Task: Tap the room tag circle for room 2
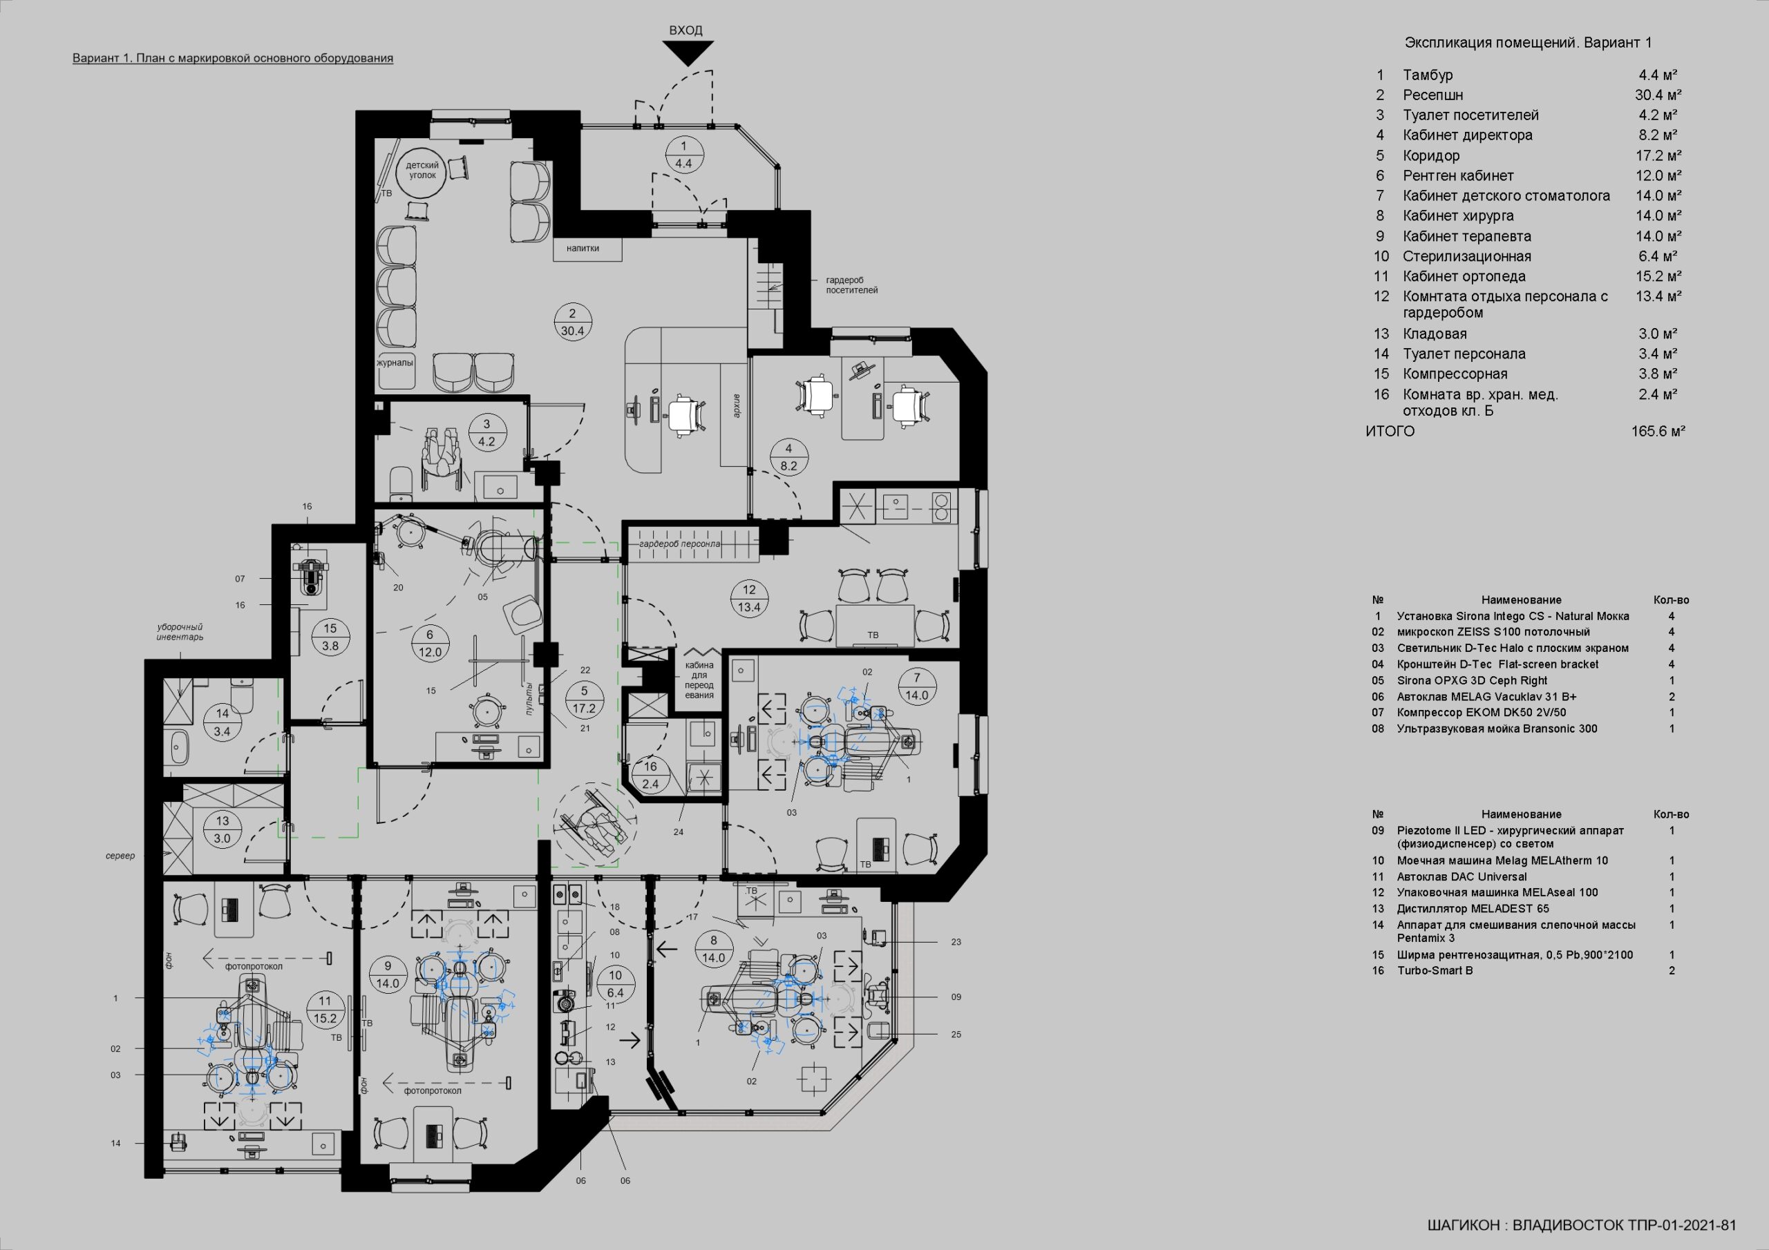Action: pos(572,323)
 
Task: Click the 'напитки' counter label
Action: pos(583,249)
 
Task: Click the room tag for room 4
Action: pos(788,457)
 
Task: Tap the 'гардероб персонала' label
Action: pos(679,544)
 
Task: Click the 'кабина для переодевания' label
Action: pos(699,680)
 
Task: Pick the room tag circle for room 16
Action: pos(650,775)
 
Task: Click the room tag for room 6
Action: pos(430,643)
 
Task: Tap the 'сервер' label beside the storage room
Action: pos(120,856)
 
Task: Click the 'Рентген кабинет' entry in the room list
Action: pos(1458,175)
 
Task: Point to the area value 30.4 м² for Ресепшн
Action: pos(1658,95)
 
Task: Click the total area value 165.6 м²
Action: pos(1658,432)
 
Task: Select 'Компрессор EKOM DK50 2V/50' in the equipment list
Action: pos(1481,713)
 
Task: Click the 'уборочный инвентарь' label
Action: pos(180,633)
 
